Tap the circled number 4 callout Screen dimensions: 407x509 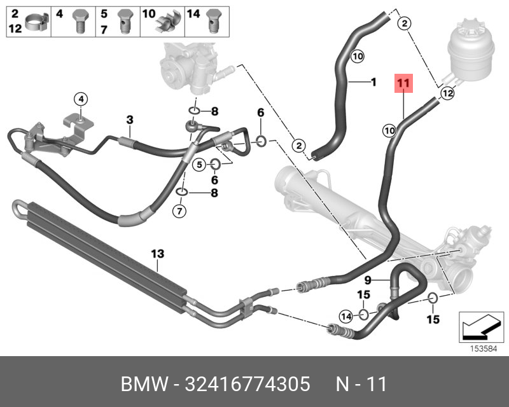click(x=81, y=99)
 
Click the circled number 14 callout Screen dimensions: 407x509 click(x=345, y=316)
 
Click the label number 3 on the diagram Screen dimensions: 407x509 click(x=129, y=120)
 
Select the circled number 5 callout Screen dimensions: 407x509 click(x=199, y=165)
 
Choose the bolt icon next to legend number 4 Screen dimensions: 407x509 click(x=80, y=20)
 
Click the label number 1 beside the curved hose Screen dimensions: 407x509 click(x=373, y=81)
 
